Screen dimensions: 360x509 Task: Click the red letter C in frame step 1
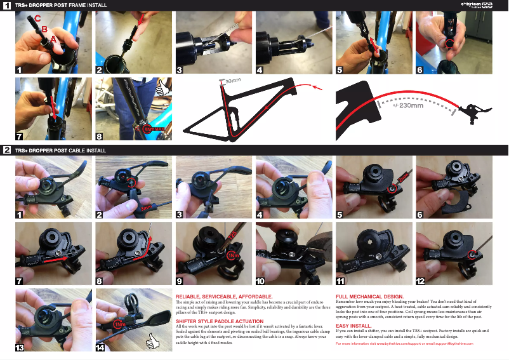click(x=37, y=19)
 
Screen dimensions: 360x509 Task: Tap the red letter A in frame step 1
click(x=54, y=39)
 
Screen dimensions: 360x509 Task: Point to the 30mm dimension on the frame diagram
click(x=233, y=81)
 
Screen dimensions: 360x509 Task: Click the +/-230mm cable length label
click(x=407, y=105)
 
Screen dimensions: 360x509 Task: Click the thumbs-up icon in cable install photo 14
click(x=152, y=343)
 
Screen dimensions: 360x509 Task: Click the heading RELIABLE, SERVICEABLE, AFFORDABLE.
click(x=224, y=297)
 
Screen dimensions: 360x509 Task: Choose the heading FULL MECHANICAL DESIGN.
click(x=369, y=297)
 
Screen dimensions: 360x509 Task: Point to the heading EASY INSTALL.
click(x=353, y=325)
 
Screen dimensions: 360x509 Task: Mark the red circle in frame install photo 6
click(x=449, y=44)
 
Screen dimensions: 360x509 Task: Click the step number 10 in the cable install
click(x=261, y=281)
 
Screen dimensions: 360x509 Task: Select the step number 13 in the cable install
click(x=20, y=347)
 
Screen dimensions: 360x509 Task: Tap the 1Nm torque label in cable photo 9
click(x=232, y=255)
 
